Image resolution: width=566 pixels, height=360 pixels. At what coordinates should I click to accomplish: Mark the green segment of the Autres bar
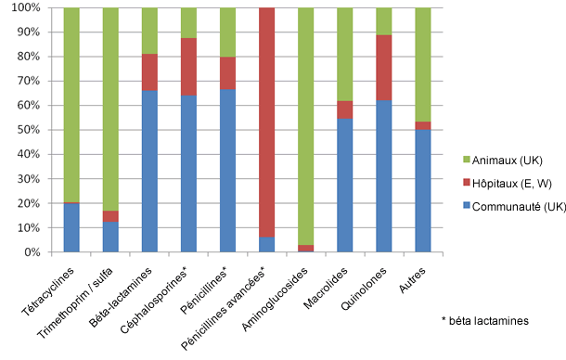point(423,64)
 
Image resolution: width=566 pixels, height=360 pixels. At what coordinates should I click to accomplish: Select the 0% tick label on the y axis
point(31,252)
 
